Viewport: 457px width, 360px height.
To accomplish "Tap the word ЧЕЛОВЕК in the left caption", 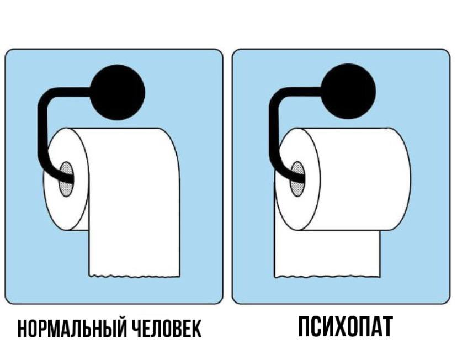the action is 167,329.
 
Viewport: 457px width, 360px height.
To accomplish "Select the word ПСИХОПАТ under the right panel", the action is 346,326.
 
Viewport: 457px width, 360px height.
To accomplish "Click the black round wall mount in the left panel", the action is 118,92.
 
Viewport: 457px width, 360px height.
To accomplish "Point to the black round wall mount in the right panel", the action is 348,91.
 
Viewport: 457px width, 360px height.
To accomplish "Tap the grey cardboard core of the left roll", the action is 66,179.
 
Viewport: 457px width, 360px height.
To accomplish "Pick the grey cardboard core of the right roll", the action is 297,179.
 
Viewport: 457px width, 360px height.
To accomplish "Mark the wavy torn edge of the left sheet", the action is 134,276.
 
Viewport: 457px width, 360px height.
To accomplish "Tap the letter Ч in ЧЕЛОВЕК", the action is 137,329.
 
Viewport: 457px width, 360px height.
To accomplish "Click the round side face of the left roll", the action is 66,179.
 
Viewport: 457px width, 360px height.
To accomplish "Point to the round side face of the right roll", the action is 297,179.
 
